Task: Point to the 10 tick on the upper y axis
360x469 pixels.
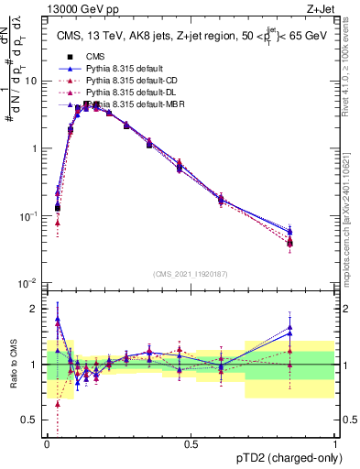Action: (32, 81)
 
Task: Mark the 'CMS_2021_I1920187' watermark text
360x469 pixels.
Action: (191, 274)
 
